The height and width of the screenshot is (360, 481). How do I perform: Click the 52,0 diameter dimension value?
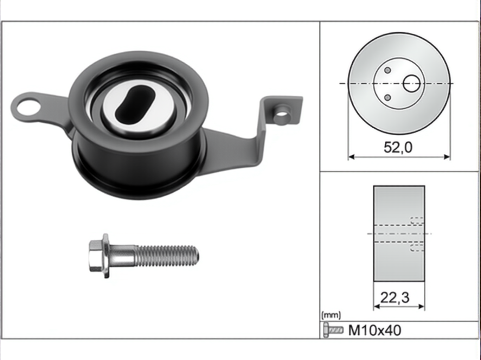398,147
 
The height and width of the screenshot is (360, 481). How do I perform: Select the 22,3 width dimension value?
395,298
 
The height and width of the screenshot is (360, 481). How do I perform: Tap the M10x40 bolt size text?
375,330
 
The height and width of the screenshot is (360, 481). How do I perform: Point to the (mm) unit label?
331,315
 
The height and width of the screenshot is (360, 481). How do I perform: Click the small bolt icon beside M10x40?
333,330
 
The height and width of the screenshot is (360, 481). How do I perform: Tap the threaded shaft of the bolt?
168,256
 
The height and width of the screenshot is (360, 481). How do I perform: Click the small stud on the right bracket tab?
283,115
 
